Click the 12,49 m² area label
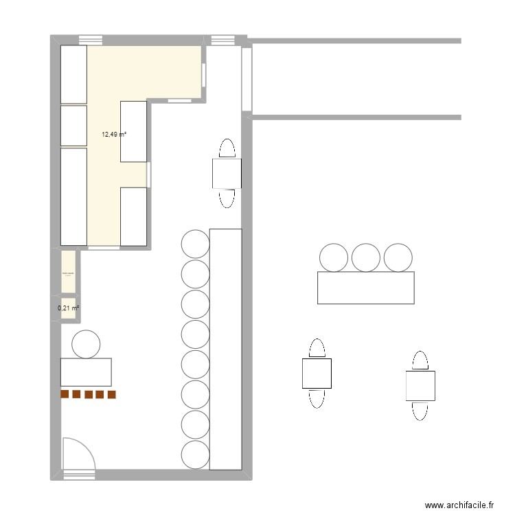(113, 135)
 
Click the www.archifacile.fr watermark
(460, 505)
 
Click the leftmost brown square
(65, 395)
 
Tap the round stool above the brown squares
(86, 344)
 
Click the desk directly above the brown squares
(86, 371)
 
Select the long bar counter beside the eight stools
(225, 349)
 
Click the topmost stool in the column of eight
(195, 244)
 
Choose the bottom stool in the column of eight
(195, 455)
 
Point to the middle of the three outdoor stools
(366, 257)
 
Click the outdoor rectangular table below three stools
(366, 288)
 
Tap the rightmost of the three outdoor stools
(398, 257)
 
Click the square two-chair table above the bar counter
(227, 173)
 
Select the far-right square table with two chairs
(420, 385)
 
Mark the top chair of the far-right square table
(420, 360)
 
